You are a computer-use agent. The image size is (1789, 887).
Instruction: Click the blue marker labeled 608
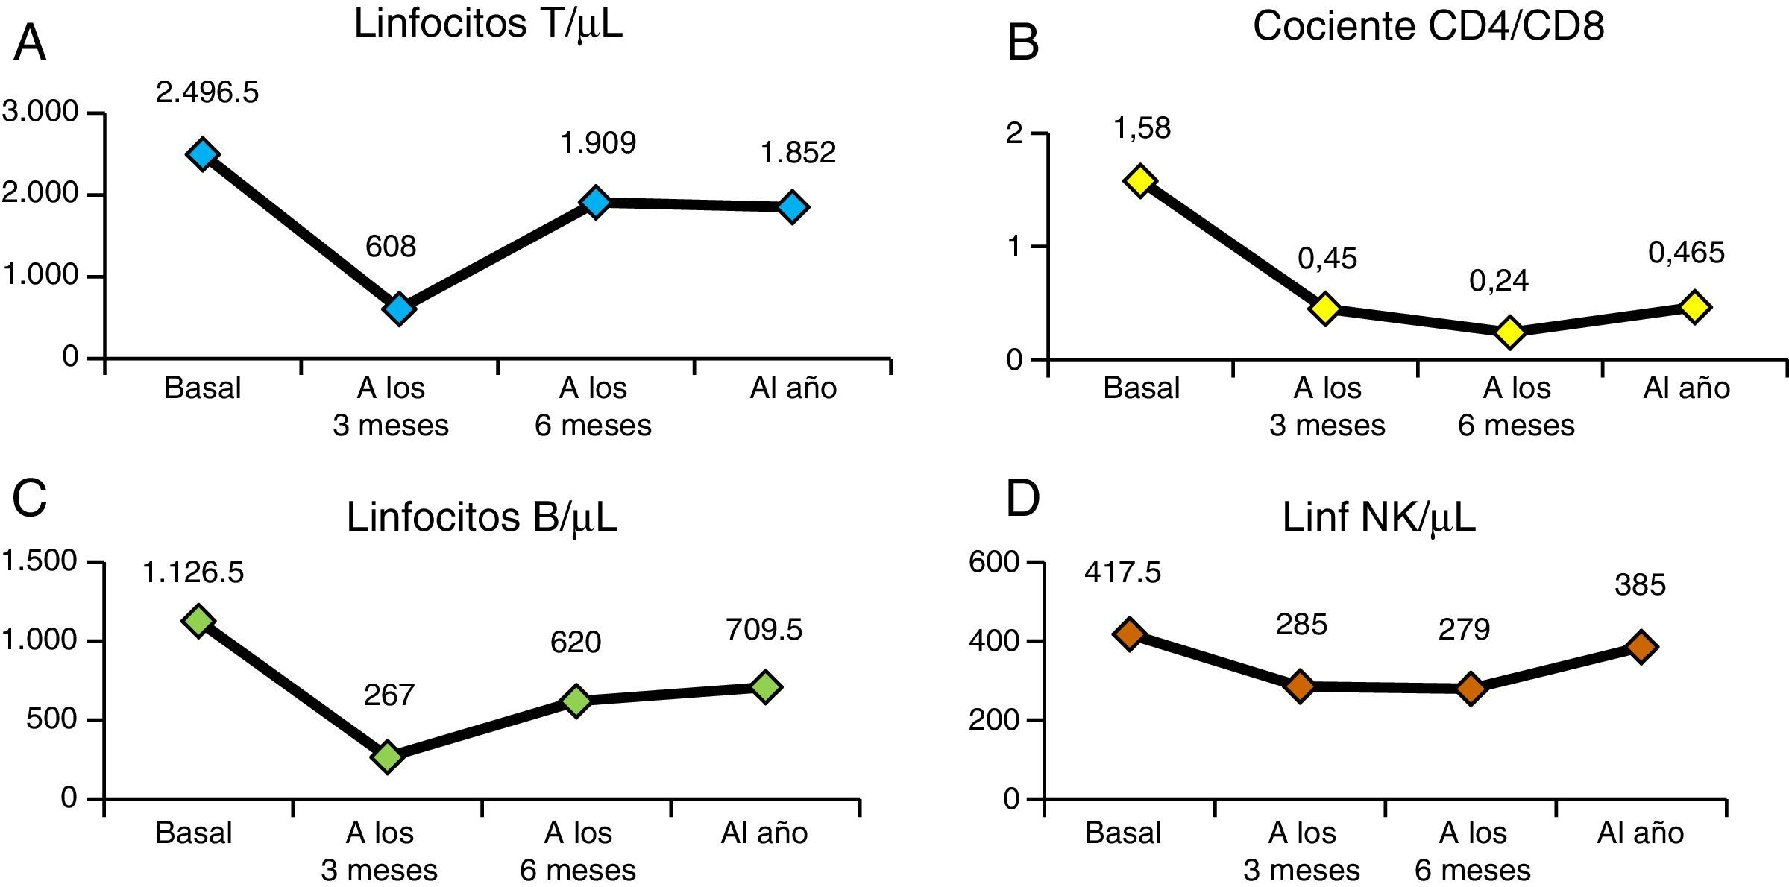(399, 308)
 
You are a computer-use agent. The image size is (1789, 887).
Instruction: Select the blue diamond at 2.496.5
(203, 154)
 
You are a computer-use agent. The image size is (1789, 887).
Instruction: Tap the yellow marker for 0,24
(1510, 332)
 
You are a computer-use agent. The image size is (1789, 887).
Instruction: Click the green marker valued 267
(387, 757)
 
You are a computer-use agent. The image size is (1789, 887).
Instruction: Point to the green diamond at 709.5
(766, 686)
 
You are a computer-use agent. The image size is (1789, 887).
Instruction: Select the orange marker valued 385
(1641, 646)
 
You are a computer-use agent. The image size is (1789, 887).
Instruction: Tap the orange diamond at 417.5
(1129, 634)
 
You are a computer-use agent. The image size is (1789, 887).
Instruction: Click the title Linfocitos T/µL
(488, 24)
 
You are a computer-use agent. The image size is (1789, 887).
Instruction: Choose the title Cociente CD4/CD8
(1428, 27)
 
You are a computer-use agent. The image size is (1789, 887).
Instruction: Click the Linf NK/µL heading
(1378, 517)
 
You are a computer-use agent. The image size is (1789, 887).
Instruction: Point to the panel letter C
(30, 498)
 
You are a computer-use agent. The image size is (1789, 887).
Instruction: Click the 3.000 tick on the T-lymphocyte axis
(40, 112)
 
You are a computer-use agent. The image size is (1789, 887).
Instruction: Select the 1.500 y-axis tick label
(40, 561)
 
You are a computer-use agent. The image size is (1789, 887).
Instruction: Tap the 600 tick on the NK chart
(993, 562)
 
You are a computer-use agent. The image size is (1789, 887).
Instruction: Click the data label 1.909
(598, 142)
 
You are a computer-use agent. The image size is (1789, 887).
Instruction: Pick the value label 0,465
(1686, 253)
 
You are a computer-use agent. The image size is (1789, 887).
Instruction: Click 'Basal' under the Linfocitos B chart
(194, 833)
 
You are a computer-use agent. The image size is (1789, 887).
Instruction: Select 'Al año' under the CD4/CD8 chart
(1686, 388)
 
